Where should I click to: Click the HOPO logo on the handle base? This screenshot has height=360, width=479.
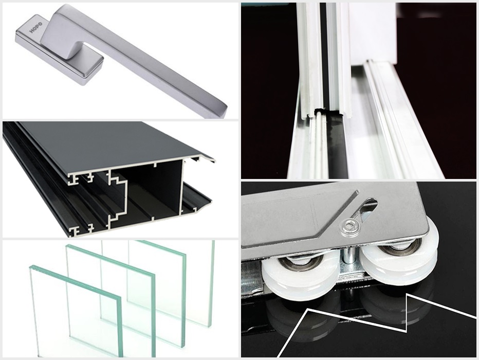36,27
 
